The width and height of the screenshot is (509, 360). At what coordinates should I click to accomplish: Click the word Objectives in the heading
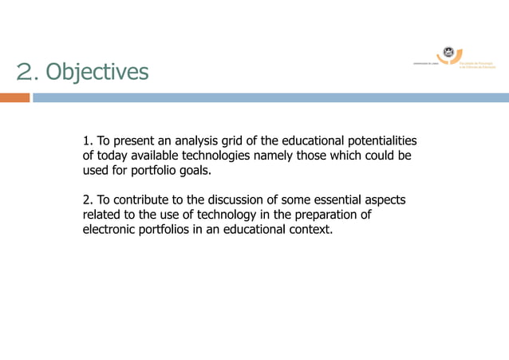(x=97, y=72)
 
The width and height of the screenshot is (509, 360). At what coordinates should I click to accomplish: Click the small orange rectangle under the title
(x=14, y=97)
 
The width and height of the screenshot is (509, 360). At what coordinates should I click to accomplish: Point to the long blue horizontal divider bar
(x=271, y=97)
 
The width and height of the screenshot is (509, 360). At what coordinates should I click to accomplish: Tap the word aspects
(x=383, y=200)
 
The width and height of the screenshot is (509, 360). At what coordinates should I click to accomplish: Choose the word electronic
(x=110, y=231)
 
